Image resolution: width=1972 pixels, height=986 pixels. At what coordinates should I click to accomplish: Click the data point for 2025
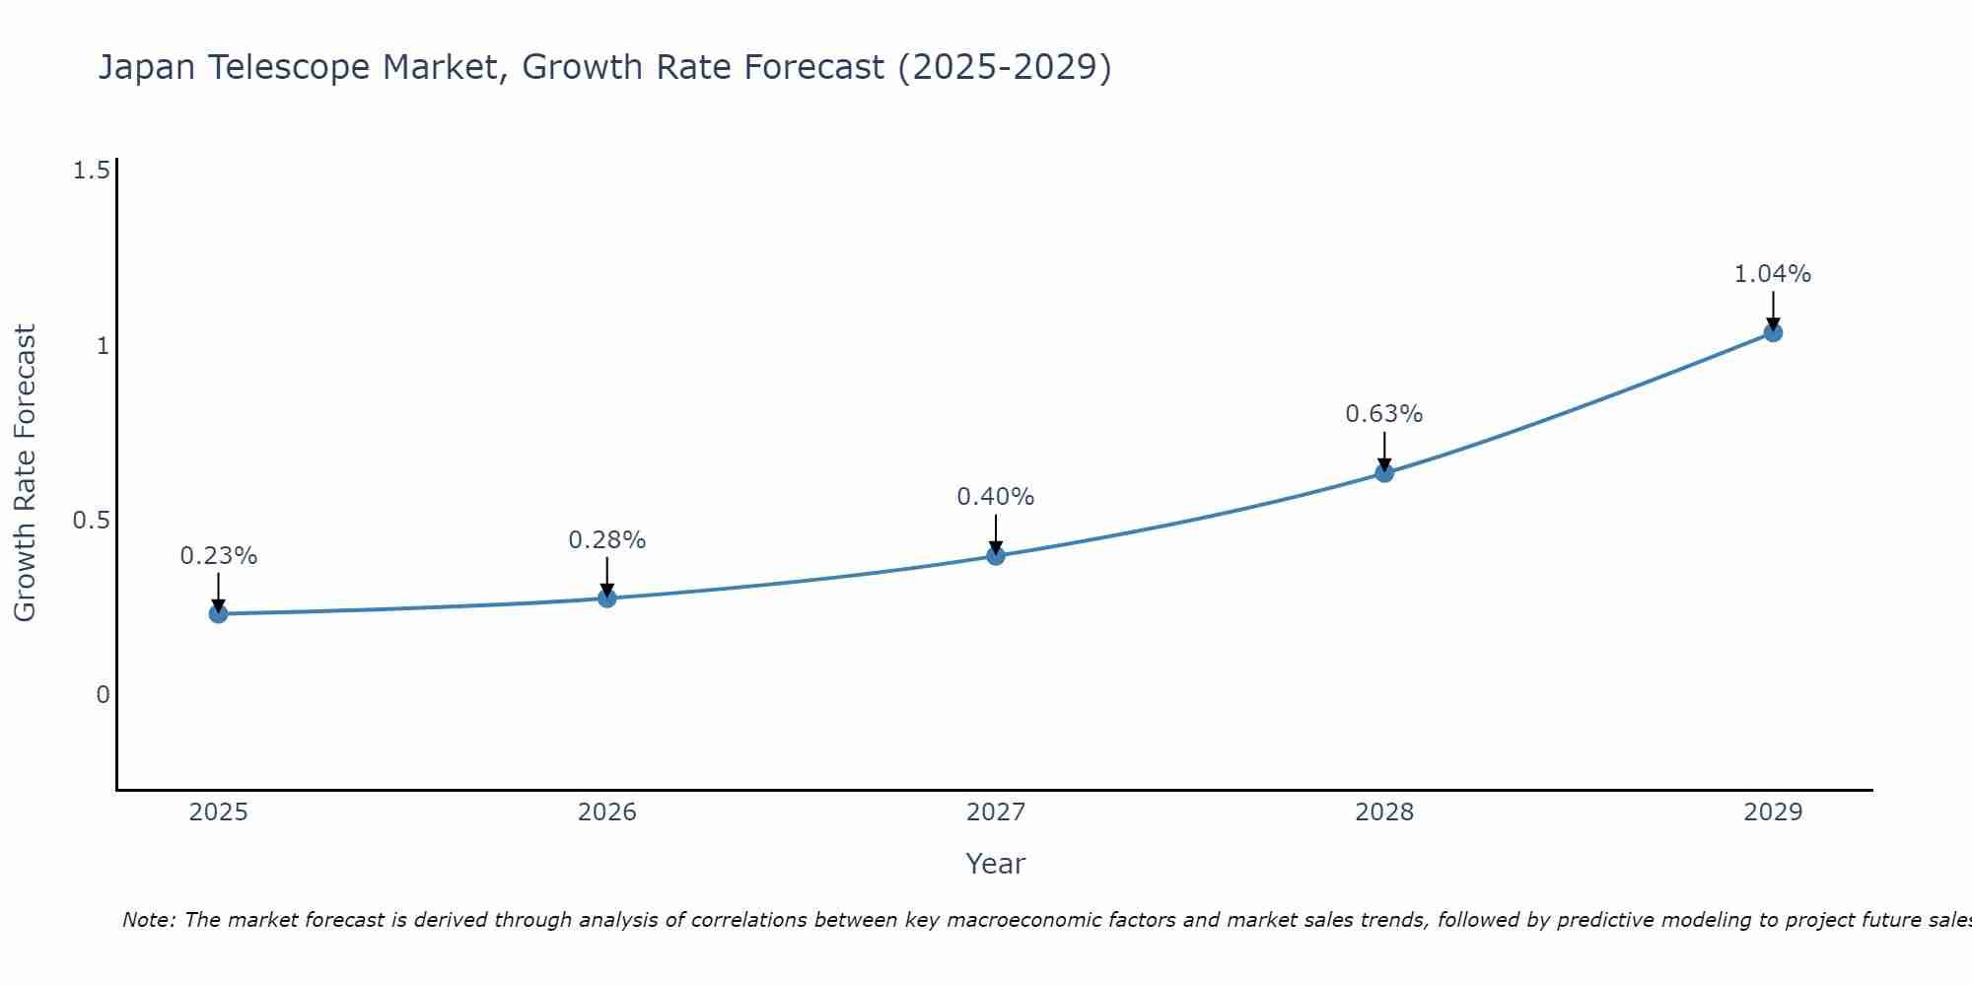(218, 614)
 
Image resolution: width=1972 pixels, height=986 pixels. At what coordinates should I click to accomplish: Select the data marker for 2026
(607, 599)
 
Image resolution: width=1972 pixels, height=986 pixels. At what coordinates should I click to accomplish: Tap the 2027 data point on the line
(996, 556)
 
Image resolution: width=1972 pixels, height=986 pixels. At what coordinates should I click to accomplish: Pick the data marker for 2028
(1384, 473)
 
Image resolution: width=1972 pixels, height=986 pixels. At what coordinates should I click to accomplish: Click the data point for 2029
(1773, 333)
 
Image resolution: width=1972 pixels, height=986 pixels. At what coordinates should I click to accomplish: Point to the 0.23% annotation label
(218, 556)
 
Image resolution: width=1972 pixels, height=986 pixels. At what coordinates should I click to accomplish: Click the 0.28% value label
(607, 540)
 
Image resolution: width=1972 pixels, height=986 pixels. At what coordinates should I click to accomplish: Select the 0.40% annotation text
(996, 497)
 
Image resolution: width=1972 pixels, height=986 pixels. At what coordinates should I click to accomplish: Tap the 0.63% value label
(1384, 414)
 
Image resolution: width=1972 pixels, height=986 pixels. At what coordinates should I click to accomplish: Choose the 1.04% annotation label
(1773, 274)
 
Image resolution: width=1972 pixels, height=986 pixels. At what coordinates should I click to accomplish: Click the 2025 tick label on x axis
(218, 812)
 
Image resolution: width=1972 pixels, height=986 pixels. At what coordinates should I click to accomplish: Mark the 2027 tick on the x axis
(996, 812)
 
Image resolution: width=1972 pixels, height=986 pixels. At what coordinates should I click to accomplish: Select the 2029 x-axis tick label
(1773, 812)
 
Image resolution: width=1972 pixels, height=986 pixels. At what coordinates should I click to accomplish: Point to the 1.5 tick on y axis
(91, 172)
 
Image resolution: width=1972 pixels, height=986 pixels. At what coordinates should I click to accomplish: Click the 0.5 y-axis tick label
(91, 521)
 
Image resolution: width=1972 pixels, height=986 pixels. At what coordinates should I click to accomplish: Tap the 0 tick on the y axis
(103, 695)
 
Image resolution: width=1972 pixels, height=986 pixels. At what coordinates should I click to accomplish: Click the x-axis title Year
(996, 864)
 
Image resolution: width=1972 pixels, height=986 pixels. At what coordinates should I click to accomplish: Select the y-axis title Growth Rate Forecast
(25, 473)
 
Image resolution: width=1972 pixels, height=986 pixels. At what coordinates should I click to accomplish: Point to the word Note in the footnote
(148, 920)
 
